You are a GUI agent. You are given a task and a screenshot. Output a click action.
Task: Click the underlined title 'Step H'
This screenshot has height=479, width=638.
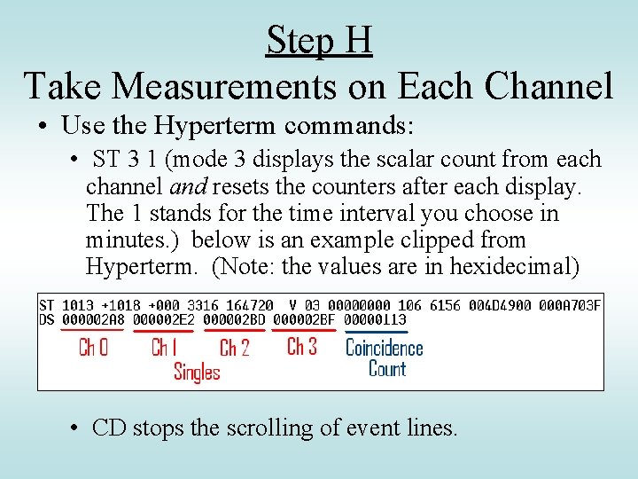(x=319, y=41)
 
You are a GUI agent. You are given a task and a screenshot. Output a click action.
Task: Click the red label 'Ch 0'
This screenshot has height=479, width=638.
(x=93, y=347)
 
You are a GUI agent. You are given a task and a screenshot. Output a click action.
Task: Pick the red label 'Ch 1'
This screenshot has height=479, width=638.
(x=164, y=347)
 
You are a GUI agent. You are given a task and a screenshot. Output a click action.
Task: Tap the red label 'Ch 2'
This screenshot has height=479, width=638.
(x=234, y=347)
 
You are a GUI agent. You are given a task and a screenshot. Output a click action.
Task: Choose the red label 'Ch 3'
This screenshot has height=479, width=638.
(x=302, y=345)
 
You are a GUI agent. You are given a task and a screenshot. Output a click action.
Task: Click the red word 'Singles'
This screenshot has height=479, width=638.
(x=197, y=371)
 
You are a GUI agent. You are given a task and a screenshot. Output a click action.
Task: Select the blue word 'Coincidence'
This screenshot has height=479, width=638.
(x=384, y=347)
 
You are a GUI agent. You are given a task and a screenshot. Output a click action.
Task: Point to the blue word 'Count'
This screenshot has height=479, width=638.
(x=387, y=368)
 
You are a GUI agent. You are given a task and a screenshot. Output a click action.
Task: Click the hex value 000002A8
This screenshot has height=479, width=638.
(x=93, y=319)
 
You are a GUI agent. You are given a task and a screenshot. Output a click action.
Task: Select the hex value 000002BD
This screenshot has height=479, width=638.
(x=234, y=319)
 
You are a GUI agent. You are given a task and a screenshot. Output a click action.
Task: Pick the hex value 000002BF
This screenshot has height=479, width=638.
(x=304, y=319)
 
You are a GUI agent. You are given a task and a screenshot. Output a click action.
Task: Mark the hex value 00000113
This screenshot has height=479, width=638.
(x=374, y=319)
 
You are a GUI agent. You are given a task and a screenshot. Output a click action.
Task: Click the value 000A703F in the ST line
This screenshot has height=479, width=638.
(x=570, y=305)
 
